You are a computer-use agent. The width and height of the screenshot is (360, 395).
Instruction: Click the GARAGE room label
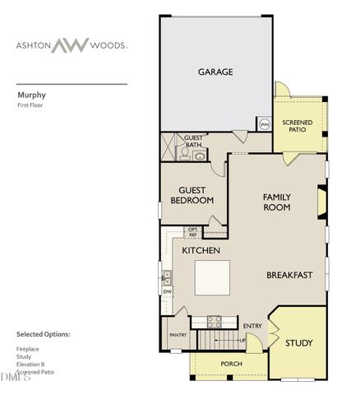pyautogui.click(x=215, y=72)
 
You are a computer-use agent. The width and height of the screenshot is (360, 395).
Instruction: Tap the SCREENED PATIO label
pyautogui.click(x=297, y=126)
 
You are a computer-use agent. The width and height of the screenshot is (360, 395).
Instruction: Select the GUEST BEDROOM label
pyautogui.click(x=192, y=195)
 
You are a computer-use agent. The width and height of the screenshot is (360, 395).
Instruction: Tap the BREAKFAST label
pyautogui.click(x=289, y=275)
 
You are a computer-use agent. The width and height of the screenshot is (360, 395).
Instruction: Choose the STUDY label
pyautogui.click(x=298, y=342)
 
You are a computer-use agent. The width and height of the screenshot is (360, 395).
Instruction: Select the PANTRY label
pyautogui.click(x=178, y=335)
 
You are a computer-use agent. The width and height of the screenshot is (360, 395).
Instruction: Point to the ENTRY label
pyautogui.click(x=252, y=326)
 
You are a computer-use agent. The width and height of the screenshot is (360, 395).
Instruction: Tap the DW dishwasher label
pyautogui.click(x=167, y=291)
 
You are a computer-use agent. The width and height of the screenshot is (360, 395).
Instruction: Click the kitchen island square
pyautogui.click(x=212, y=277)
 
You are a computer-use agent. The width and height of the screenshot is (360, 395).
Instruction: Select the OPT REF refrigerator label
pyautogui.click(x=192, y=232)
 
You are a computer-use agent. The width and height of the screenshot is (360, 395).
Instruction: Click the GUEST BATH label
pyautogui.click(x=193, y=142)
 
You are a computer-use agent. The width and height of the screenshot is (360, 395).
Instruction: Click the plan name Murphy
pyautogui.click(x=31, y=95)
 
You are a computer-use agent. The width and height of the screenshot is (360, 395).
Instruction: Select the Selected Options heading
pyautogui.click(x=44, y=335)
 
